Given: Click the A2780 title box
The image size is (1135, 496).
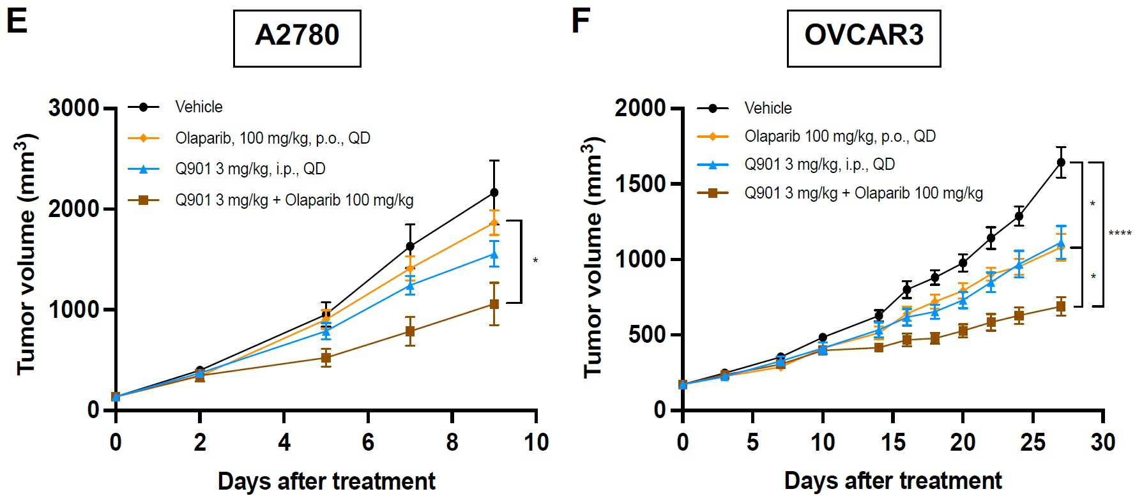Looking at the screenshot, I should pos(297,38).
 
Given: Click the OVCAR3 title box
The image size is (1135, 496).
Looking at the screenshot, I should pos(864,38).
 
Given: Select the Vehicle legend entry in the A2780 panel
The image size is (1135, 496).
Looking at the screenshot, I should pos(199,107).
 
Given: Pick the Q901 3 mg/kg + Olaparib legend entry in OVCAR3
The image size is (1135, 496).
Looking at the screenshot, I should pos(863,193).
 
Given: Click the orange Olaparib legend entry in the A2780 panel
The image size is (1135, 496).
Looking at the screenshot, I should pos(272,138).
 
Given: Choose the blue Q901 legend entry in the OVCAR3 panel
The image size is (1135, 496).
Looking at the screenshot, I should pos(819,165).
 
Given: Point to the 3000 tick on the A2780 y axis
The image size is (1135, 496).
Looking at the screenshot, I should pos(73,108).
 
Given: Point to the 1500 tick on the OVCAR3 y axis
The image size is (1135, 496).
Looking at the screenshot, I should pos(640,184).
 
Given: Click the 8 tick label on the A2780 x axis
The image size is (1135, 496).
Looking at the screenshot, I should pos(452,442).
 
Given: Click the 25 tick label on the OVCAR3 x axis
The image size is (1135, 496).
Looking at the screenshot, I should pos(1033,442).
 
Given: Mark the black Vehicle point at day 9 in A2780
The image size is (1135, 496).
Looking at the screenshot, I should pos(494,192).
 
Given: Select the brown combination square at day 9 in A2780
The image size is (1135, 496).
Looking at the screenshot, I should pos(494,304).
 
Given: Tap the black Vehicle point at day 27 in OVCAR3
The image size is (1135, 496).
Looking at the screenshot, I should pos(1061,162).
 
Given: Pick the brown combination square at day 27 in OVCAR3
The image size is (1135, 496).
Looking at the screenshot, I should pos(1061,307).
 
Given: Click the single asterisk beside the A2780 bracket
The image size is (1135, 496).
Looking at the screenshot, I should pos(535,261).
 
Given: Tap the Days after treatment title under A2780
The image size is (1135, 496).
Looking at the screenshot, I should pos(326,481).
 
